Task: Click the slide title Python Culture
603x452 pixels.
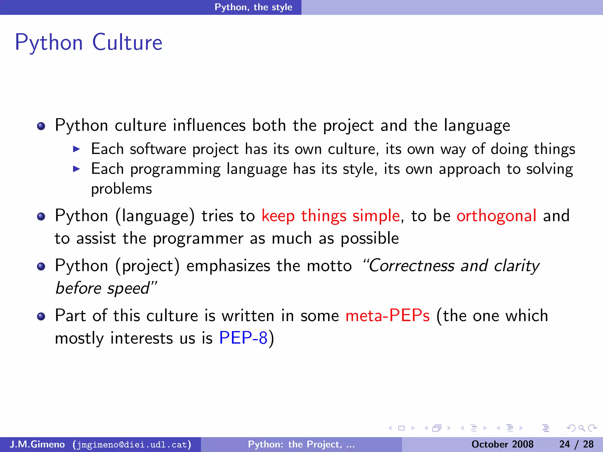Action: click(88, 43)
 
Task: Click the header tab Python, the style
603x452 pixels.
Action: click(253, 7)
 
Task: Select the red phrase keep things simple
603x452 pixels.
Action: click(330, 216)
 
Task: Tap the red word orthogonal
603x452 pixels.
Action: click(496, 216)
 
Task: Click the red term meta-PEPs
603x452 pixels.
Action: click(387, 316)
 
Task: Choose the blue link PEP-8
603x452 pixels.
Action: click(243, 338)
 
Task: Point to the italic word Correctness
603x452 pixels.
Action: click(412, 266)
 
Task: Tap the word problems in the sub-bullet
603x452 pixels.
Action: click(121, 189)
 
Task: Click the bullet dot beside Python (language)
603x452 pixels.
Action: click(41, 217)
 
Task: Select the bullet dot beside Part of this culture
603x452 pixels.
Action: click(41, 317)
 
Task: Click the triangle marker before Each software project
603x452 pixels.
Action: click(76, 149)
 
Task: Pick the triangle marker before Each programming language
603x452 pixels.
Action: click(76, 169)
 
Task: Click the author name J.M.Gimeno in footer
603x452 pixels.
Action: click(37, 444)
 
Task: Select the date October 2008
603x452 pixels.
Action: click(502, 444)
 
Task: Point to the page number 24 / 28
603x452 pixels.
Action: click(576, 444)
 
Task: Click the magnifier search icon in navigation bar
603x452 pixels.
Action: click(582, 428)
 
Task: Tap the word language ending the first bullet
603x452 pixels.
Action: click(477, 126)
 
